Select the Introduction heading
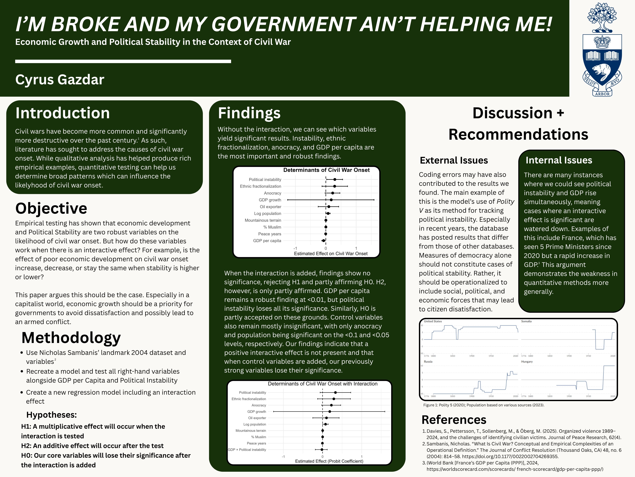click(x=63, y=113)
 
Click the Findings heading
click(x=249, y=113)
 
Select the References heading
click(x=454, y=420)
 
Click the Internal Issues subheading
click(x=559, y=160)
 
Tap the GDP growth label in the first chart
click(x=270, y=200)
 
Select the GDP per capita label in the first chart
click(x=267, y=241)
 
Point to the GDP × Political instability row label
click(x=247, y=450)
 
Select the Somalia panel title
click(x=526, y=321)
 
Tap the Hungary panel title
click(x=527, y=362)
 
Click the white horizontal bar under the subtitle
click(x=123, y=61)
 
